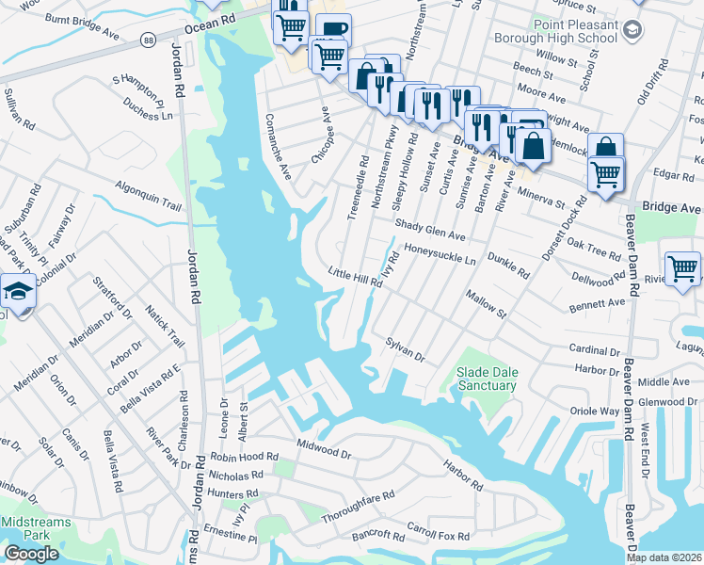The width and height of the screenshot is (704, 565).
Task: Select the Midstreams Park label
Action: coord(25,528)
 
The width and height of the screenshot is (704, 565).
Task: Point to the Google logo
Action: coord(31,554)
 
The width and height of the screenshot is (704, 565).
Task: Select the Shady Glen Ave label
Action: coord(430,230)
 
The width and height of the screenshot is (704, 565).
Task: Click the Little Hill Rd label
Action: coord(355,276)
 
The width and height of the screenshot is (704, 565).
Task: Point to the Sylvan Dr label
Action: coord(405,349)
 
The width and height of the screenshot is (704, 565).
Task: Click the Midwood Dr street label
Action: coord(323,449)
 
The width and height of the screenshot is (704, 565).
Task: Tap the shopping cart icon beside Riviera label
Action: coord(681,267)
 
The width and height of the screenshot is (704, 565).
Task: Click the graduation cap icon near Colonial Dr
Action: coord(17,293)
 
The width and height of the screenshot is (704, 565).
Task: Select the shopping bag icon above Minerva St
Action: coord(605,148)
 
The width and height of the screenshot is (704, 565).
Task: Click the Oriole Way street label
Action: coord(595,412)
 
